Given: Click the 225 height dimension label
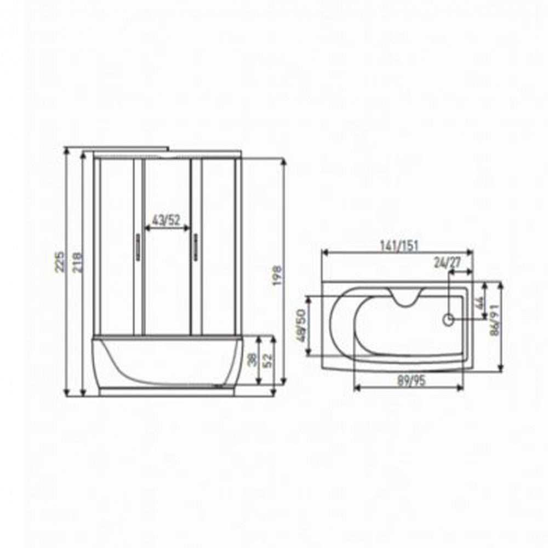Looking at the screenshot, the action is click(x=60, y=261).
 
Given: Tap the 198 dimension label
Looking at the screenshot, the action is click(x=277, y=276).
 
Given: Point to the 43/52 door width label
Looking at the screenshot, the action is click(x=167, y=220).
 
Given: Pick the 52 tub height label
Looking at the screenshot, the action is click(x=267, y=361).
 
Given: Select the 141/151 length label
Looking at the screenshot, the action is click(x=399, y=246).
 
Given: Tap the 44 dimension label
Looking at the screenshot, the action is click(x=479, y=302).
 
